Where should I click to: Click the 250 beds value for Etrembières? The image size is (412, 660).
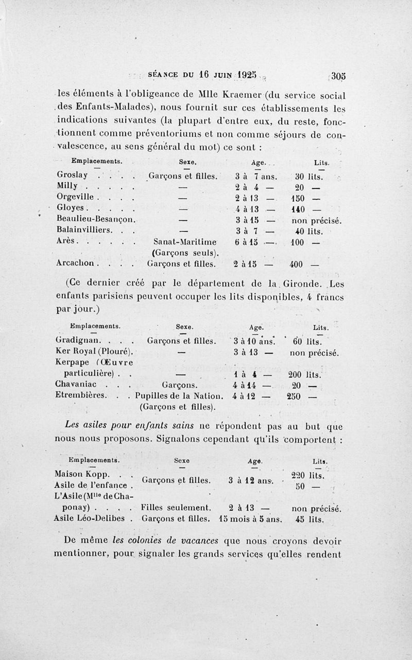294,395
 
